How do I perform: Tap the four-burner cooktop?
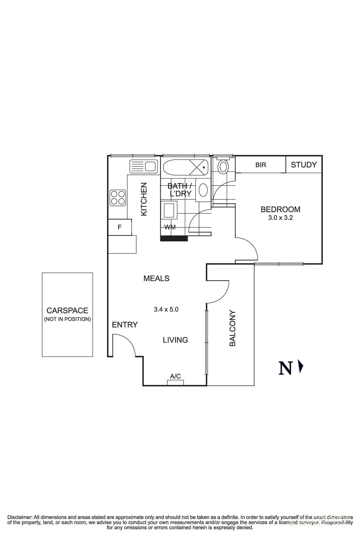coord(118,198)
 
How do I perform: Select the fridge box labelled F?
coord(119,227)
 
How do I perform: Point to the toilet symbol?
coord(223,166)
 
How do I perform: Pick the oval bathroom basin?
coord(203,190)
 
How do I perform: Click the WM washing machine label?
coord(170,227)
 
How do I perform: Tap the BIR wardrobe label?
coord(260,165)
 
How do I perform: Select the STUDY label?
coord(304,165)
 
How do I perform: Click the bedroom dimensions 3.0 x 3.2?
coord(280,218)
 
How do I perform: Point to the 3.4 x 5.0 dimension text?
coord(166,309)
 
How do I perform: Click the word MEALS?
coord(156,278)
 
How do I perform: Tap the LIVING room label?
coord(175,340)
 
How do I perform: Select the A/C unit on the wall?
coord(175,382)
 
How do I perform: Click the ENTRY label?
coord(125,325)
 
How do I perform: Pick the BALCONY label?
coord(232,328)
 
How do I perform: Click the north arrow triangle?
coord(301,367)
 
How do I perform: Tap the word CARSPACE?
coord(67,310)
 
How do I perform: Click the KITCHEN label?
coord(144,199)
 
